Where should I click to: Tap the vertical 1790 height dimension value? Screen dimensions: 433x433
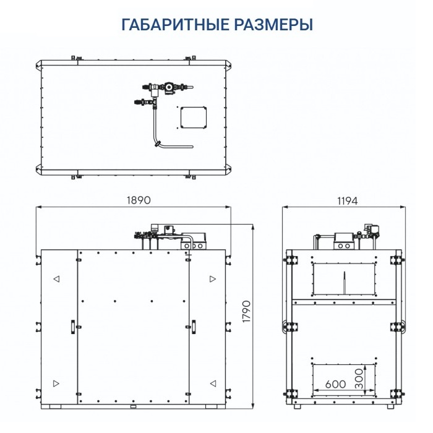tap(246, 315)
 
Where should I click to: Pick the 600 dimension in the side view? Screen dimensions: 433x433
tap(335, 384)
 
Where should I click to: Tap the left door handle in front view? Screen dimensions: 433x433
tap(72, 325)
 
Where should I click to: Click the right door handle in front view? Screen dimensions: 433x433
tap(193, 325)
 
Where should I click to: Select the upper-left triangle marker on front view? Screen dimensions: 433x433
tap(57, 280)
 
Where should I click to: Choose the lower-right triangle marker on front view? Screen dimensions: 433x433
tap(212, 382)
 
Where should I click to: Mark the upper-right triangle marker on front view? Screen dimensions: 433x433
tap(212, 280)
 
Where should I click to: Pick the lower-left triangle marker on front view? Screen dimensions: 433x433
tap(57, 382)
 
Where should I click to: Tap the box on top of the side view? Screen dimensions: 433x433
tap(343, 241)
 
